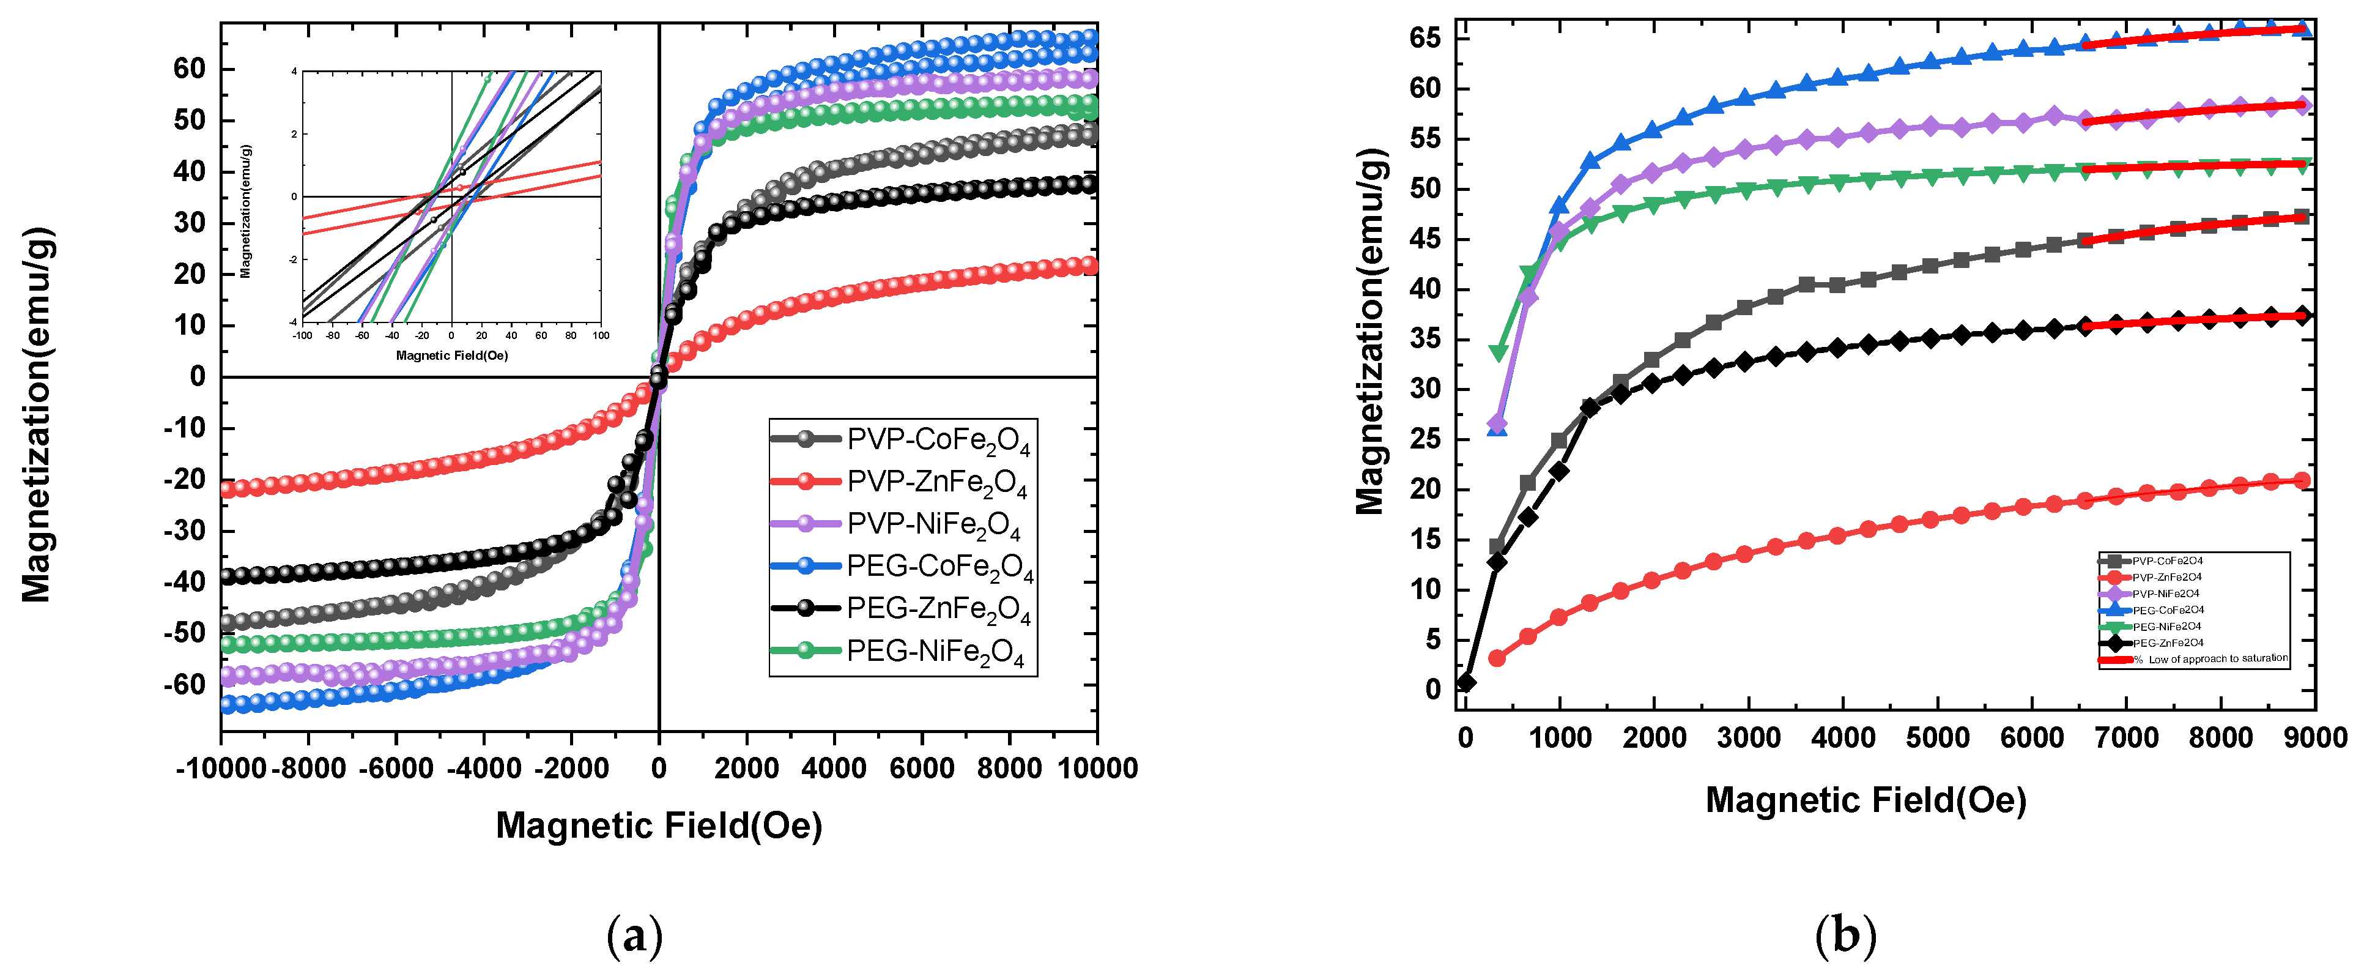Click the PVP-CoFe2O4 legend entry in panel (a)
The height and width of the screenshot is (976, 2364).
tap(936, 440)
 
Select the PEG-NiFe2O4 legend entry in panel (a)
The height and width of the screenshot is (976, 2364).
tap(933, 652)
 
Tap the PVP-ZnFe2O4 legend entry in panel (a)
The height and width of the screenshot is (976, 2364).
tap(936, 482)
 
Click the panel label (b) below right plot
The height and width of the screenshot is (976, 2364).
tap(1845, 936)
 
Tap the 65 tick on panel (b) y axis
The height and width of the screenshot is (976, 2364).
tap(1425, 39)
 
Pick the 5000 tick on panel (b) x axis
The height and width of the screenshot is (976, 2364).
tap(1937, 738)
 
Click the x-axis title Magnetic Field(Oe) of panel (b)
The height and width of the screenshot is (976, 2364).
tap(1866, 800)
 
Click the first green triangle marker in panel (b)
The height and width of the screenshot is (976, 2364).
tap(1499, 352)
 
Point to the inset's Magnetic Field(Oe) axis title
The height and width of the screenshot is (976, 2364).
tap(451, 356)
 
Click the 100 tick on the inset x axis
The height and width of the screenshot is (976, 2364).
tap(601, 336)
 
